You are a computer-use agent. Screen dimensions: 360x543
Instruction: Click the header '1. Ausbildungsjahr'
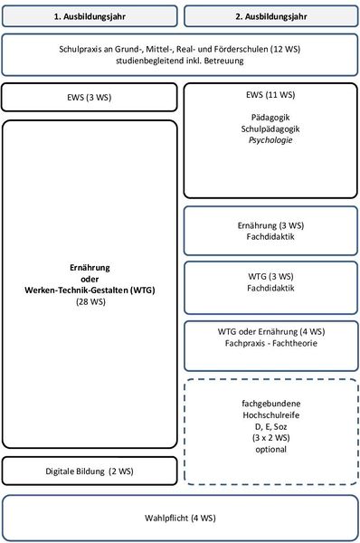(x=90, y=16)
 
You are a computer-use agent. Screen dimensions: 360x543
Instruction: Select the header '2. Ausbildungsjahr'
(x=271, y=16)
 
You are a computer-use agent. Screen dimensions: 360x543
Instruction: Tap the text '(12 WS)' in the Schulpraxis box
(x=286, y=49)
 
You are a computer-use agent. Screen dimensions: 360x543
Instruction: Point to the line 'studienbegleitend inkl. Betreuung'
(x=180, y=61)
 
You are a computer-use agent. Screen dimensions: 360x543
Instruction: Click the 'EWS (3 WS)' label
(x=90, y=98)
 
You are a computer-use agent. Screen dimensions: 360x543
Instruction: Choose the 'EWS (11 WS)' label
(x=270, y=95)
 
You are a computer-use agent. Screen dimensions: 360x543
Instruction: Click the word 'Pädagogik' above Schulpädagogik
(x=270, y=118)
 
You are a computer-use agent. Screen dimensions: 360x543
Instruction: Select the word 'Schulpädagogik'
(x=270, y=129)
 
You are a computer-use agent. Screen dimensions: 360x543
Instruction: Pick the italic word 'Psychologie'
(x=270, y=140)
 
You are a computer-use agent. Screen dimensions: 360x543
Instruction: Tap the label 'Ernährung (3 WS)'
(x=270, y=225)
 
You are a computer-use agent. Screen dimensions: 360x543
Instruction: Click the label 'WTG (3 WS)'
(x=270, y=276)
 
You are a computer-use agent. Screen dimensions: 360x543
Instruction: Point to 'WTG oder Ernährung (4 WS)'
(x=271, y=332)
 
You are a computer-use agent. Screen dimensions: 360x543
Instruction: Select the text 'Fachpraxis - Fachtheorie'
(x=271, y=343)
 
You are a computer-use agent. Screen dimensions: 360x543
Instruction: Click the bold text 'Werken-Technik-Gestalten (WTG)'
(x=90, y=291)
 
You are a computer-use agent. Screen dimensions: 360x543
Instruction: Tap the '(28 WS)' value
(x=90, y=301)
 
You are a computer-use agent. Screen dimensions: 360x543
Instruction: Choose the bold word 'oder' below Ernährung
(x=90, y=279)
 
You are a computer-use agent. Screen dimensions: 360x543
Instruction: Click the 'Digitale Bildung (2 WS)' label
(x=90, y=472)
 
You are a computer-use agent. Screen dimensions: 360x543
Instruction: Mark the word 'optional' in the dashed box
(x=271, y=450)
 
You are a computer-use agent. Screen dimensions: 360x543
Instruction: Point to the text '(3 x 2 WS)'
(x=271, y=438)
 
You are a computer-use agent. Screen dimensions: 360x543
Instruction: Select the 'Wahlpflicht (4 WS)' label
(x=180, y=518)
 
